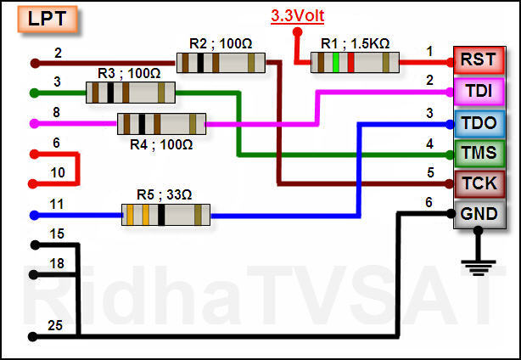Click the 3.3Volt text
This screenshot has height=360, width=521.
[297, 16]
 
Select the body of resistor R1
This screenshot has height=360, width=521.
[355, 62]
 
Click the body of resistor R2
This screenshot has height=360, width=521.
[221, 62]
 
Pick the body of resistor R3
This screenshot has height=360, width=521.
[131, 93]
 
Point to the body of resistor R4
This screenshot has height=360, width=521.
[161, 124]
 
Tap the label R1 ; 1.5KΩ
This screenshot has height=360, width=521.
[356, 43]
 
